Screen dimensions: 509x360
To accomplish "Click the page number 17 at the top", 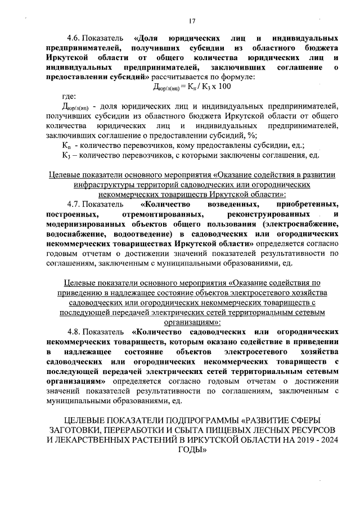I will point(192,21).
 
